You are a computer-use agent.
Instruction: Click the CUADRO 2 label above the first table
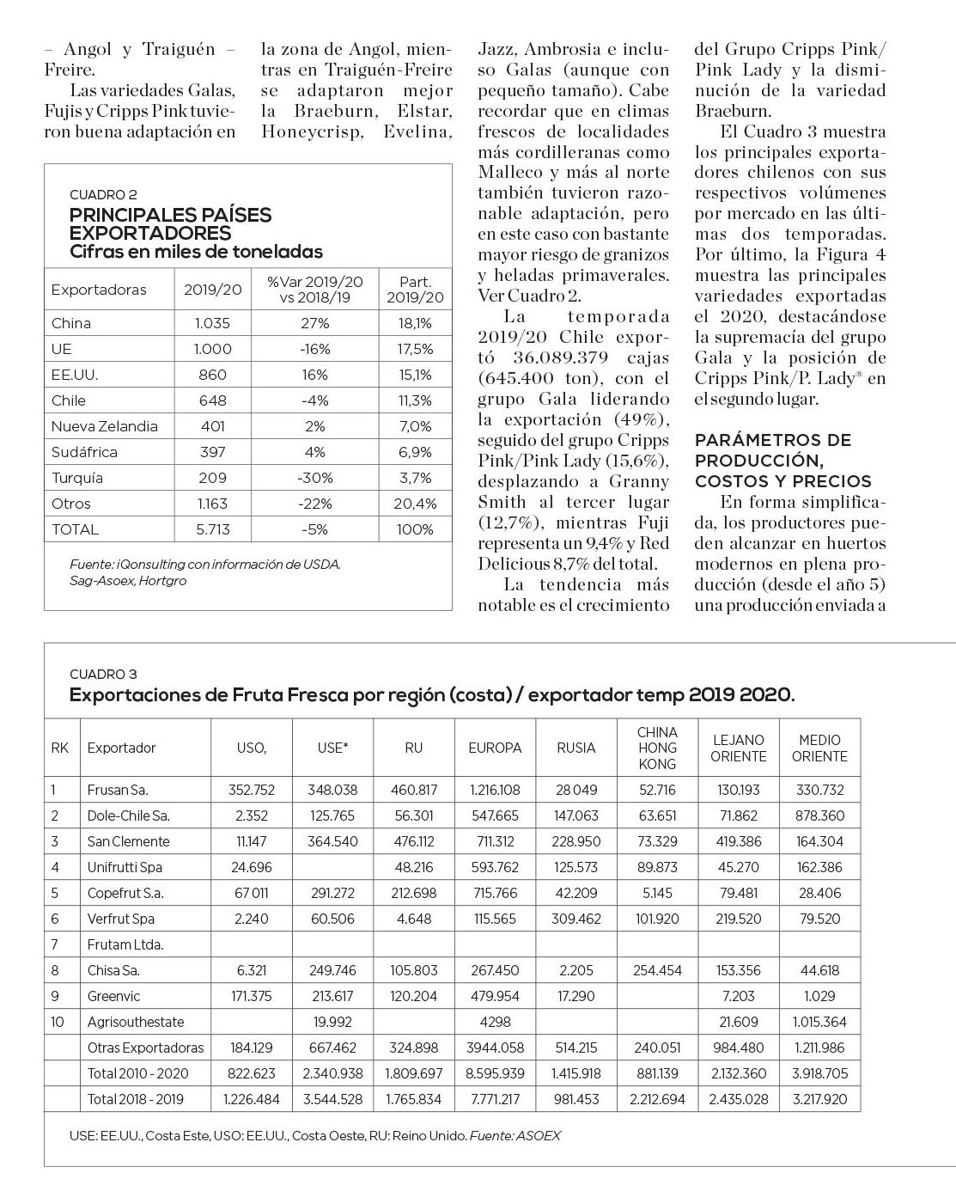103,195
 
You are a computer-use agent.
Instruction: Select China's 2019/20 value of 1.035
212,323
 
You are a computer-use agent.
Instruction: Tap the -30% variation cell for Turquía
315,478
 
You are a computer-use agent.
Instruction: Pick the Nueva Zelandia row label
104,426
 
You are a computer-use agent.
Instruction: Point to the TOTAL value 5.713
212,529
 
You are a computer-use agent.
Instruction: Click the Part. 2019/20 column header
415,290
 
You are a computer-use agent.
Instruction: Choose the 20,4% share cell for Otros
415,504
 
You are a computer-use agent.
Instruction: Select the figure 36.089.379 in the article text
561,357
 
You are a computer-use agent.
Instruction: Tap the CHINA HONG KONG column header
657,748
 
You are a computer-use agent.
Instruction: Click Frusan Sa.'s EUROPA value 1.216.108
495,790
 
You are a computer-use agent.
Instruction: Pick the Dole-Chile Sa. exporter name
128,816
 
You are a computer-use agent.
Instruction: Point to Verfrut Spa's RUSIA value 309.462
575,919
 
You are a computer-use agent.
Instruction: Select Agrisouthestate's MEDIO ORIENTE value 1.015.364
819,1022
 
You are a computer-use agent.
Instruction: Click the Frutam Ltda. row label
125,944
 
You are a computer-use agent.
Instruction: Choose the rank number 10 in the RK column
58,1022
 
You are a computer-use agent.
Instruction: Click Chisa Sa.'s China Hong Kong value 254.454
657,970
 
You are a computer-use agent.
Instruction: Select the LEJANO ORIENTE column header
738,748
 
